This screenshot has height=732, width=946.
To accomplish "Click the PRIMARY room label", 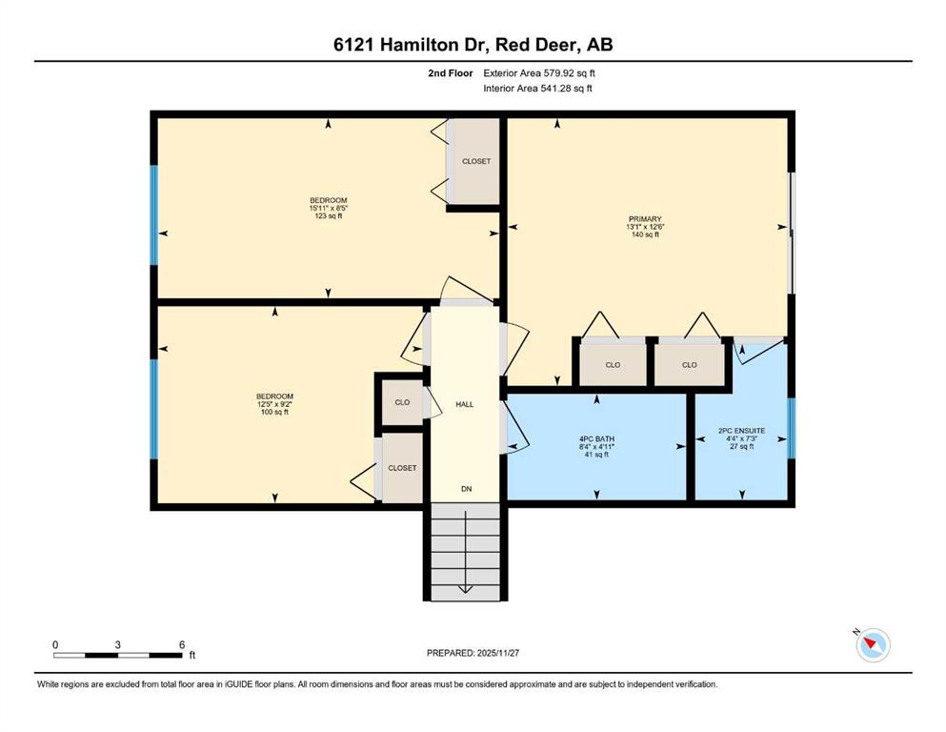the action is pos(645,219).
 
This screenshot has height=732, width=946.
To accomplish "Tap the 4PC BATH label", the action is pos(596,439).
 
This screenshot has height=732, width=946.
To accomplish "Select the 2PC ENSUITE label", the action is pos(741,431).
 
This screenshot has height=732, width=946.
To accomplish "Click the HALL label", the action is pos(465,404).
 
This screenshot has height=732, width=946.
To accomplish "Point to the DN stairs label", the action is pos(467,489).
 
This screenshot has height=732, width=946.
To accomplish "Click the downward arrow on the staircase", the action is pos(466,552).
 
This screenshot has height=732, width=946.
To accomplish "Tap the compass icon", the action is pos(873,645).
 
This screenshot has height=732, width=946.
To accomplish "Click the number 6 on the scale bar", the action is pos(182,644).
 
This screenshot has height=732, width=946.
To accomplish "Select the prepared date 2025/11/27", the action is pos(497,653).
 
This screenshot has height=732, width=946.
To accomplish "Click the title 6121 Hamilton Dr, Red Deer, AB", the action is pos(473,45).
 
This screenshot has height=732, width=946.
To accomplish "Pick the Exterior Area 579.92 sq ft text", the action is pos(539,73).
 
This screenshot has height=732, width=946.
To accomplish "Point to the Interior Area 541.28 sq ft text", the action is pos(537,88).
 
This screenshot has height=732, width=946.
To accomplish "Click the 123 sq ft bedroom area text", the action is pos(329,216).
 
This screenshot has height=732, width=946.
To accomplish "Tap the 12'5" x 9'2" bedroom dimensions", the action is pos(274,404).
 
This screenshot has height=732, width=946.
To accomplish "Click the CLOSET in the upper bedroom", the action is pos(476,161).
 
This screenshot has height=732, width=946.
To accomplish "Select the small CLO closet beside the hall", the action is pos(402,402).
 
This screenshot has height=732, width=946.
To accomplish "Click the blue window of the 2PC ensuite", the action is pos(792,427).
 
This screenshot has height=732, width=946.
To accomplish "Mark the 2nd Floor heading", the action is pos(450,73).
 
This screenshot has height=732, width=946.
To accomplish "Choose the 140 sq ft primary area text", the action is pos(645,234).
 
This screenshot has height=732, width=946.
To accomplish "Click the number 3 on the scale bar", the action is pos(117,644).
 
